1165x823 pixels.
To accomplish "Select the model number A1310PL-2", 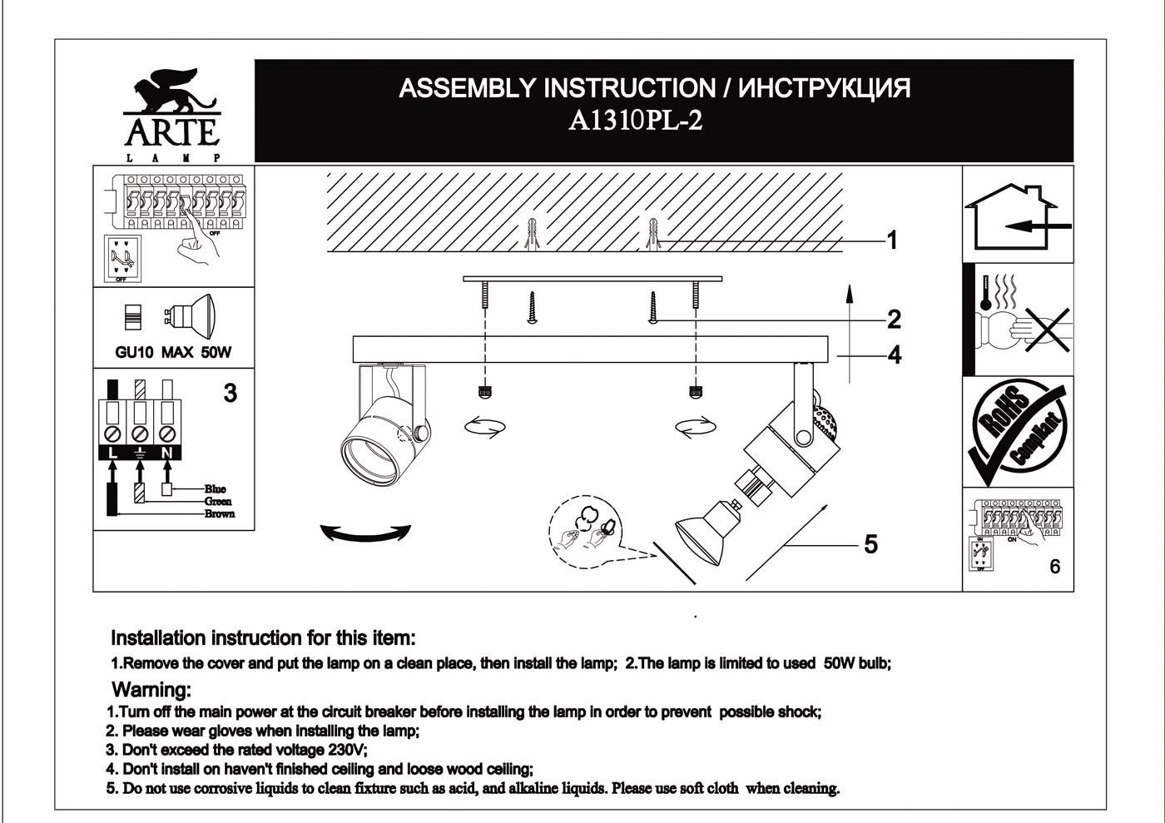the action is [x=635, y=121].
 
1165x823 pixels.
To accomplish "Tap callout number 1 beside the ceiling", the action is [x=892, y=240].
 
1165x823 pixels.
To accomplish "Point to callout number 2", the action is [x=894, y=319].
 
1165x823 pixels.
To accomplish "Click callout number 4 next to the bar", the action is [x=895, y=355].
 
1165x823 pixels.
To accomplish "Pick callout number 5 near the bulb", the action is [x=870, y=545].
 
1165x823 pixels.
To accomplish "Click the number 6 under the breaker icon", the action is [x=1055, y=567].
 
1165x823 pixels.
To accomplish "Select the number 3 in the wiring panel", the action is [x=231, y=394].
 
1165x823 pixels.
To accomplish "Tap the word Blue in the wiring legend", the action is [x=216, y=489].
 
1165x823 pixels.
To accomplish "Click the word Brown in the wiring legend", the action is [x=220, y=514].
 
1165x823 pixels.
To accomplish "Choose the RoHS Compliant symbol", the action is [x=1018, y=432].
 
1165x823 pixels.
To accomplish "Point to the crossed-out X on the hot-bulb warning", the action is [x=1047, y=330].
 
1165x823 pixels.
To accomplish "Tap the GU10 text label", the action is [x=134, y=352].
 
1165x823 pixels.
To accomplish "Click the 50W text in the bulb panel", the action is [x=216, y=352].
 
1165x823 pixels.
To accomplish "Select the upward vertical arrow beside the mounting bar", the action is [x=850, y=334].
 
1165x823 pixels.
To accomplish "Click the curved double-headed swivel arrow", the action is [x=365, y=533].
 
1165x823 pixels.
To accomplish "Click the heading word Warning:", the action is [x=151, y=690].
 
